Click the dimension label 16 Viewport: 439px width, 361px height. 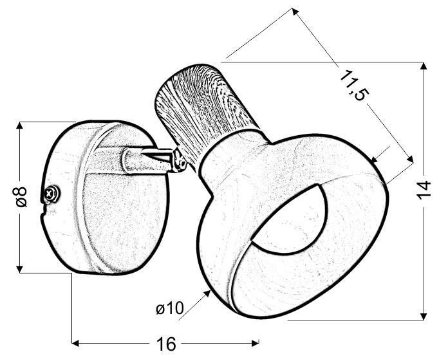[166, 344]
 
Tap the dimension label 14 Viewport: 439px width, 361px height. [423, 190]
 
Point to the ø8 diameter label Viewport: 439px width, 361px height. [21, 196]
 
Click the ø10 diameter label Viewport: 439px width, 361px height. [170, 309]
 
